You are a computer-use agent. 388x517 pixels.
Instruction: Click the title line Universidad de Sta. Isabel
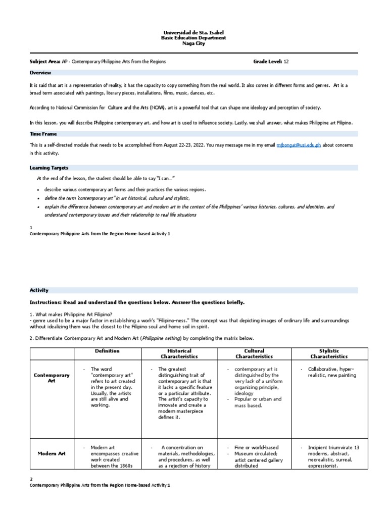point(193,32)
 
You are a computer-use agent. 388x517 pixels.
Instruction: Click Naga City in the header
point(193,43)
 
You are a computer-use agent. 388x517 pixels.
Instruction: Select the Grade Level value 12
point(286,61)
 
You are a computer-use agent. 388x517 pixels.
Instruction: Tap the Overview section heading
point(40,73)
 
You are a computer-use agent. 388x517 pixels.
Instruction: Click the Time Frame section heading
point(43,134)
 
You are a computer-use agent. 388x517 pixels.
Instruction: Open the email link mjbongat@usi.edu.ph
point(298,145)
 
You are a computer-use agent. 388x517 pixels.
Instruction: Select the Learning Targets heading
point(49,168)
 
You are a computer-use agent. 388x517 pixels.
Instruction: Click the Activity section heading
point(39,290)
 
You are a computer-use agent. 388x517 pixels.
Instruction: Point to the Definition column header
point(107,351)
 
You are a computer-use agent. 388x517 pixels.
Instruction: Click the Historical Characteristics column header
point(179,353)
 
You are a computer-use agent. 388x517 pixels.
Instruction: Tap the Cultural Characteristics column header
point(254,353)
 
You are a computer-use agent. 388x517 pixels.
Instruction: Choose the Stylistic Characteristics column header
point(329,353)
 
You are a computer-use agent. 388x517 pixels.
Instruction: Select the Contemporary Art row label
point(52,378)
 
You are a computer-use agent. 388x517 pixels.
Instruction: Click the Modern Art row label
point(52,453)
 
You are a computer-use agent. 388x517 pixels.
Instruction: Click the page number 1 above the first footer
point(31,228)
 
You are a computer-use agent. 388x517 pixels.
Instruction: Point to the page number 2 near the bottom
point(31,479)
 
